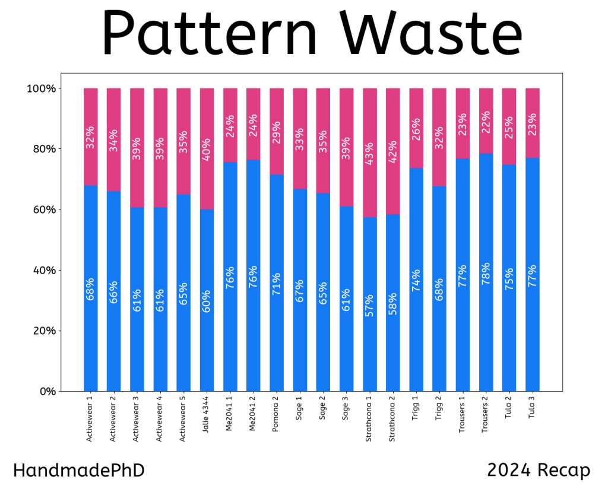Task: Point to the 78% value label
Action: click(486, 275)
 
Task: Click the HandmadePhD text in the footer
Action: click(78, 471)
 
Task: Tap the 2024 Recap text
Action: click(539, 471)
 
